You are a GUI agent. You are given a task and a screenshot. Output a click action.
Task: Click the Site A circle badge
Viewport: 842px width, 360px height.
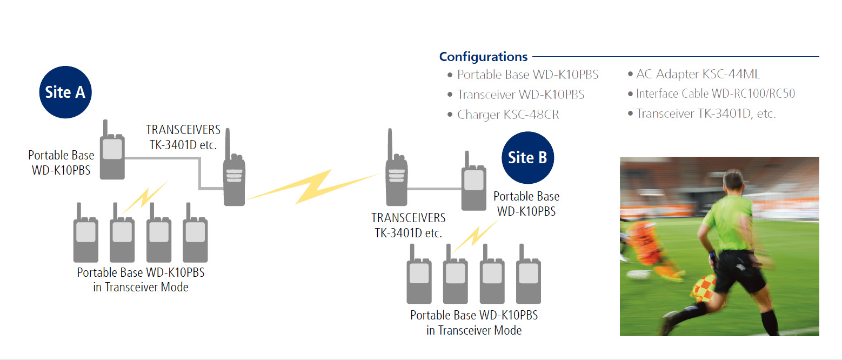pos(65,92)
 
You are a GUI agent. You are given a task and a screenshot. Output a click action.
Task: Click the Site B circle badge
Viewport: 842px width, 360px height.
pos(527,157)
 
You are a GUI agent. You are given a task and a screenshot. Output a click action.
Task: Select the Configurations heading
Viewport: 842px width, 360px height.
pos(483,56)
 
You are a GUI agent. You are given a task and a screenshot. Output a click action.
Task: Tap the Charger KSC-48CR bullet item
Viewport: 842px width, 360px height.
pos(507,115)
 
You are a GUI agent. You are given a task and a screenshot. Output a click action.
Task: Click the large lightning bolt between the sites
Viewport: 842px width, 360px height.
pos(312,186)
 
